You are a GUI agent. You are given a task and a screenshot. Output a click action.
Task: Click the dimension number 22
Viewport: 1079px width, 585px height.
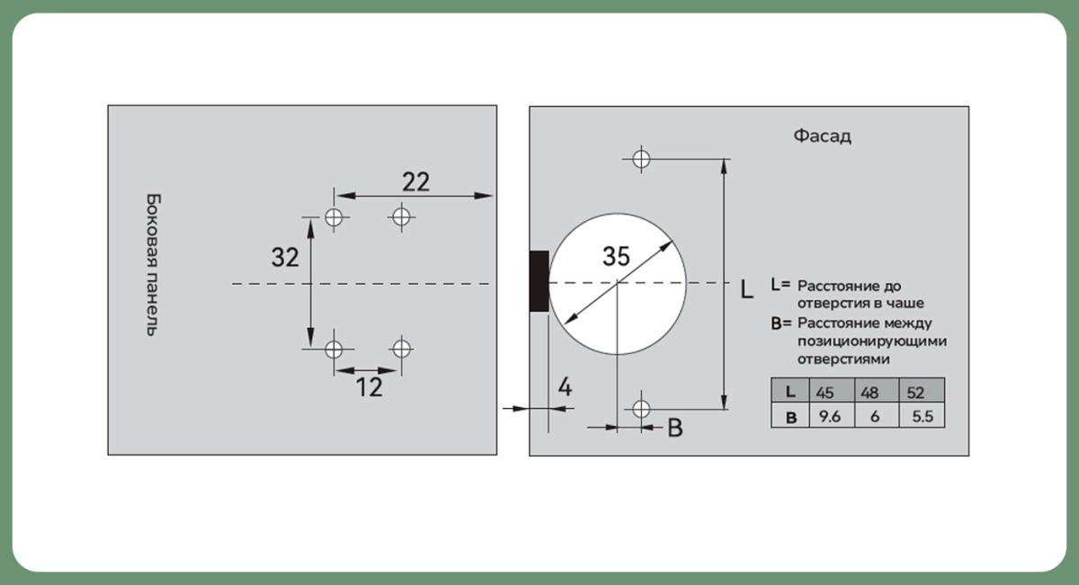(x=415, y=182)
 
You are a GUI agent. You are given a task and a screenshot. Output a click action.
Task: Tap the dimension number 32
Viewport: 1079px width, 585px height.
(x=285, y=257)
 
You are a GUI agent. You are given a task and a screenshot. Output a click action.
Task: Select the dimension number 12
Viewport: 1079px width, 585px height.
(x=369, y=387)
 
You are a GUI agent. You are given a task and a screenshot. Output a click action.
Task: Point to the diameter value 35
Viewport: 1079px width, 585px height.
(x=616, y=256)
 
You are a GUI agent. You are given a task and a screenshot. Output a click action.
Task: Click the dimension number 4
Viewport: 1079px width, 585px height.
(x=565, y=387)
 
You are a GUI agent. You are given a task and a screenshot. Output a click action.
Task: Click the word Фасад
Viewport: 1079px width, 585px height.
(x=822, y=137)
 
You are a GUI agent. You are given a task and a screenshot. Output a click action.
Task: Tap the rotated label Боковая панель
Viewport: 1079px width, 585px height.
(x=153, y=265)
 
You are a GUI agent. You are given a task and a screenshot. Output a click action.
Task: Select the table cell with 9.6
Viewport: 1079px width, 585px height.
(x=832, y=415)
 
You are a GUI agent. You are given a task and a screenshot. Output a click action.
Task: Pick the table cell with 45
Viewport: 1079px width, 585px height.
(x=832, y=391)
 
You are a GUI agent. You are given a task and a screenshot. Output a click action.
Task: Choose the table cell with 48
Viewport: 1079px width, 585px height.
(x=877, y=391)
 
